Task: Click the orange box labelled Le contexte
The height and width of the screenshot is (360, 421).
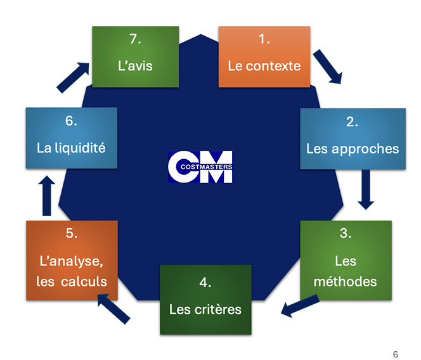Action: point(264,56)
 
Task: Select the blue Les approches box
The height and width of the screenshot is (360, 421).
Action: point(353,139)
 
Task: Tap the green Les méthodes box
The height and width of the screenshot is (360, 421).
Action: point(346,260)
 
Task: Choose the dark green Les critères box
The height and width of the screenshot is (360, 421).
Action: point(205,300)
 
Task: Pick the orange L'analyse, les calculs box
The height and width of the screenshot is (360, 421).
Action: point(72,260)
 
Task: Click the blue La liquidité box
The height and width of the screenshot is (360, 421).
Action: point(72,138)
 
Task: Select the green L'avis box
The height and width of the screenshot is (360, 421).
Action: point(135,56)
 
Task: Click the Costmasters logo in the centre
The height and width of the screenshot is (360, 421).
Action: point(200,167)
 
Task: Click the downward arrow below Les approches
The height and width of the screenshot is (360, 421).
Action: point(366,190)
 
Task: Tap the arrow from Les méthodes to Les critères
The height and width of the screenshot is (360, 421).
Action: point(300,305)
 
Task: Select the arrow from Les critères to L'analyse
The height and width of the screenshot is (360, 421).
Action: point(113,309)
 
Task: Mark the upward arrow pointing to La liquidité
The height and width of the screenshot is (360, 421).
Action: point(47,196)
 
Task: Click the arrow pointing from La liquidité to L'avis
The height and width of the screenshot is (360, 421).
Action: point(73,77)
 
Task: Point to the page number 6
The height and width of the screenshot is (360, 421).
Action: point(395,354)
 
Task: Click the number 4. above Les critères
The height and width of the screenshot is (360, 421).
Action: point(205,283)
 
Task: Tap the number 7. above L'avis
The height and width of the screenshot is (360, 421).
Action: point(135,39)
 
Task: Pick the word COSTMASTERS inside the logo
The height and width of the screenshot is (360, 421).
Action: point(206,167)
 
